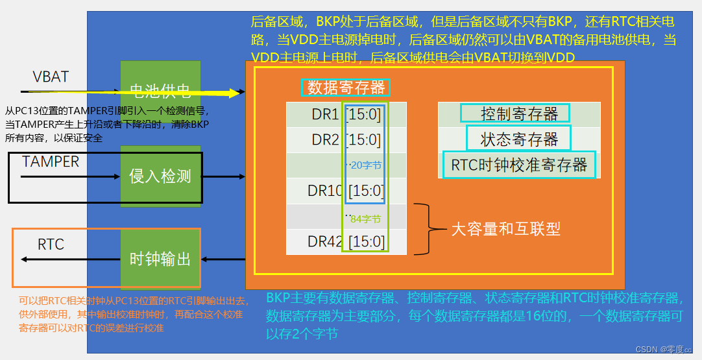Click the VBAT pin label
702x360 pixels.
pos(51,77)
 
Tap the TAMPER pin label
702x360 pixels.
pos(51,162)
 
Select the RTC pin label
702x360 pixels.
pos(51,245)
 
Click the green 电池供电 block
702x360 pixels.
pos(160,91)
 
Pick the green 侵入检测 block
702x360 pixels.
pos(160,176)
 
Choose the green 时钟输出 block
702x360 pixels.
pos(160,259)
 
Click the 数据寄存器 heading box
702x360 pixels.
pos(346,87)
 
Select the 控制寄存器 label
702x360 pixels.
pos(515,114)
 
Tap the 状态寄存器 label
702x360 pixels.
pos(518,139)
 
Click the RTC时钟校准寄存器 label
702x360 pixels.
pos(518,165)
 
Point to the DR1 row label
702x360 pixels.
pos(325,115)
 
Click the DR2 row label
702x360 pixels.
pos(325,140)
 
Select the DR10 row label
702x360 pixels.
pos(325,191)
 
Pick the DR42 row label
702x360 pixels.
pos(325,242)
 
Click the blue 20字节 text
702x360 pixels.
pos(365,165)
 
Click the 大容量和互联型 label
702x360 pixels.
pos(505,229)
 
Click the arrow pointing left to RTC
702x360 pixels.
pos(65,259)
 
